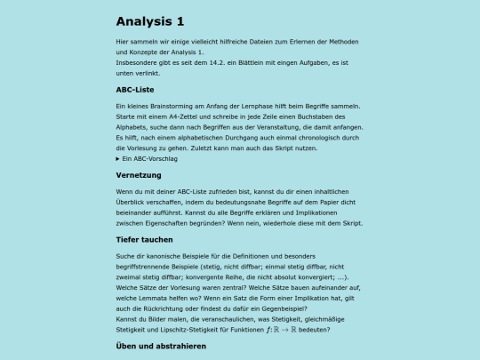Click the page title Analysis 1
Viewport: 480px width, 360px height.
156,21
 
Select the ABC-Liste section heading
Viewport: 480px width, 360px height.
136,90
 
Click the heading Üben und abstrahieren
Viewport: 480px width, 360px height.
161,346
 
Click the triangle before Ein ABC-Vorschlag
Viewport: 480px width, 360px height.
118,158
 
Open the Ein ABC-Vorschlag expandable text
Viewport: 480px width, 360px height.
150,158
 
